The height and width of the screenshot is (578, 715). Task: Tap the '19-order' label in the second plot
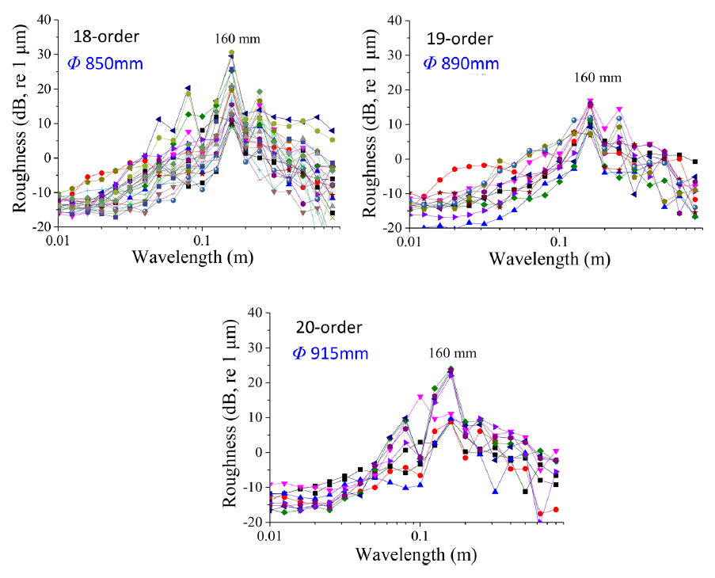[x=457, y=38]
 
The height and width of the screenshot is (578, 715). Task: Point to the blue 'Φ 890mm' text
[x=462, y=63]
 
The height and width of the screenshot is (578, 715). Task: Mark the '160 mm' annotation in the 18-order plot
[x=238, y=38]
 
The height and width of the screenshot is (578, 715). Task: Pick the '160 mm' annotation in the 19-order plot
[x=599, y=78]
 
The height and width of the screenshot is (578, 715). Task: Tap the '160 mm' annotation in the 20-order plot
[x=453, y=352]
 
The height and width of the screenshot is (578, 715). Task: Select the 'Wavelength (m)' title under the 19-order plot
[x=553, y=258]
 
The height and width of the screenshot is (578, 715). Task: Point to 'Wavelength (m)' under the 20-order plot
[x=416, y=553]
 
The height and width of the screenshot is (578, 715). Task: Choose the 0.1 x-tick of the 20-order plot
[x=420, y=535]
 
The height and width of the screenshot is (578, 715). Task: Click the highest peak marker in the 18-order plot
[x=231, y=53]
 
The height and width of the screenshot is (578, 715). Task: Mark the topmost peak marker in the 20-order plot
[x=451, y=369]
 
